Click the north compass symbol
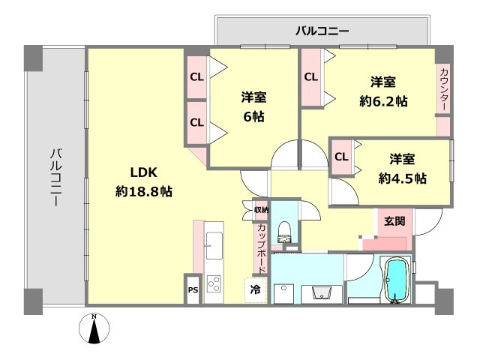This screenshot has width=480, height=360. point(94,329)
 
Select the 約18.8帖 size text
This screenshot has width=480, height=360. point(144,191)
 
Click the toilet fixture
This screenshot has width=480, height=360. point(284,233)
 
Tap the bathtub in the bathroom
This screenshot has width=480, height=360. point(395,281)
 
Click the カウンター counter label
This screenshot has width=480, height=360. point(443,89)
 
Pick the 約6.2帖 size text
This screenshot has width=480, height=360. point(383,100)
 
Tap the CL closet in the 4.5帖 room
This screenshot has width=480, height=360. point(340,157)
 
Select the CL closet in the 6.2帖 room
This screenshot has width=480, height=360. point(310,76)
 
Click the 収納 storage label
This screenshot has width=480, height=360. point(260,210)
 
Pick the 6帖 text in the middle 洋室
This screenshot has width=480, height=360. point(253,117)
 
